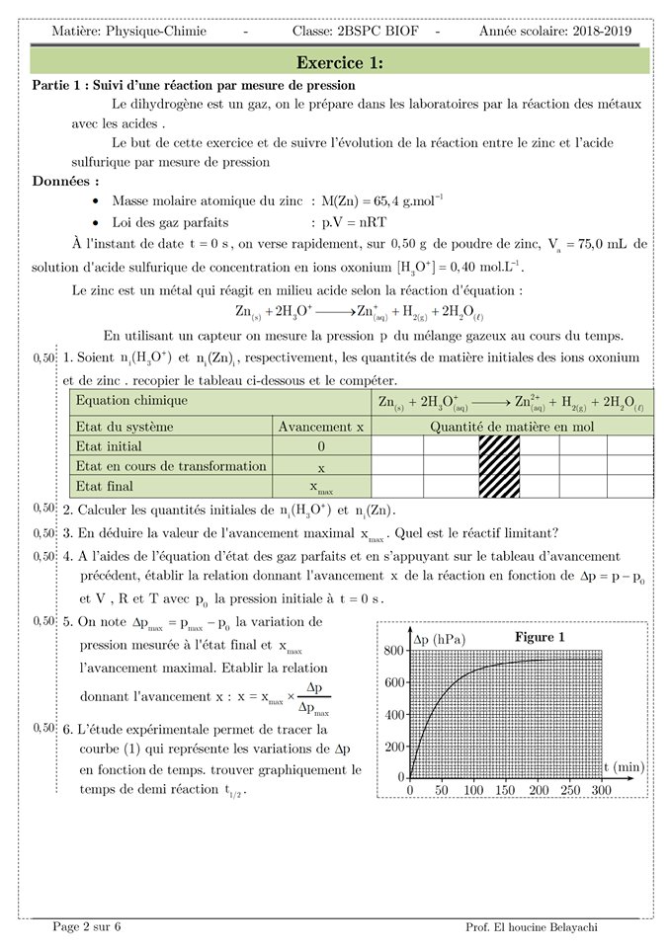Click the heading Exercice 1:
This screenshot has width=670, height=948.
coord(340,62)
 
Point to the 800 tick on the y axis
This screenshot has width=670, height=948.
coord(394,650)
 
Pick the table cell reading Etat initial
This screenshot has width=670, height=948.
coord(116,446)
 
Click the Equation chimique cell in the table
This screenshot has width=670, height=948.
coord(131,401)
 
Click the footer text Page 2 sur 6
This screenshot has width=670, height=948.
coord(88,926)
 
